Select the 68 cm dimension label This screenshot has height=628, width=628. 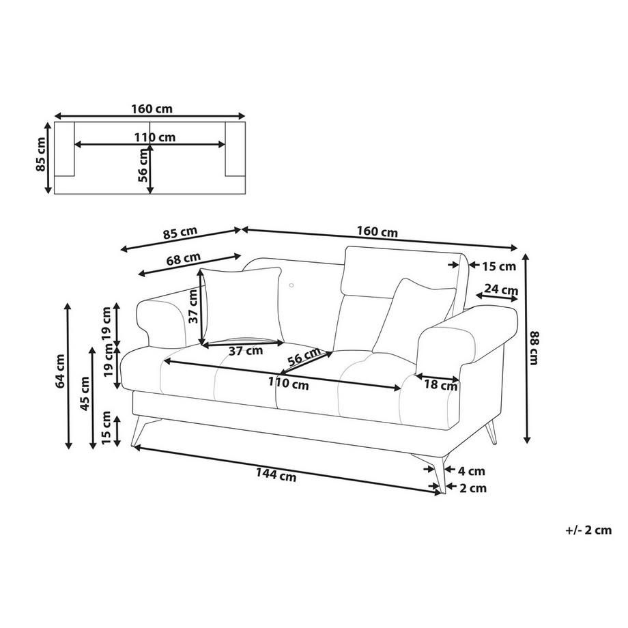(184, 259)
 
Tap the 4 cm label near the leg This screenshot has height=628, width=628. (472, 470)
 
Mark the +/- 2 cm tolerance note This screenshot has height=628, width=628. (588, 529)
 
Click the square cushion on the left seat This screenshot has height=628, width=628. (242, 306)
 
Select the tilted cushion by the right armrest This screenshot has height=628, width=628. (412, 314)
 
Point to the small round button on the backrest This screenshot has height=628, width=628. (291, 285)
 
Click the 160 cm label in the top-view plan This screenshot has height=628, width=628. (150, 108)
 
